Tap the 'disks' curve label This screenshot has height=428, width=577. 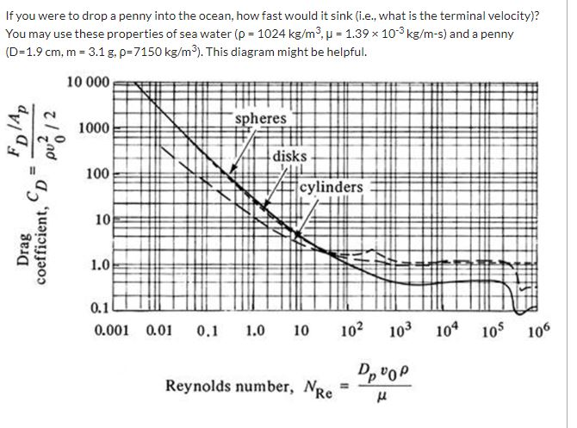(x=291, y=157)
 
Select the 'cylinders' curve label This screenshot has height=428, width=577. (x=332, y=187)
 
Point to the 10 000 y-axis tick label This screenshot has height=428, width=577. (x=87, y=83)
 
